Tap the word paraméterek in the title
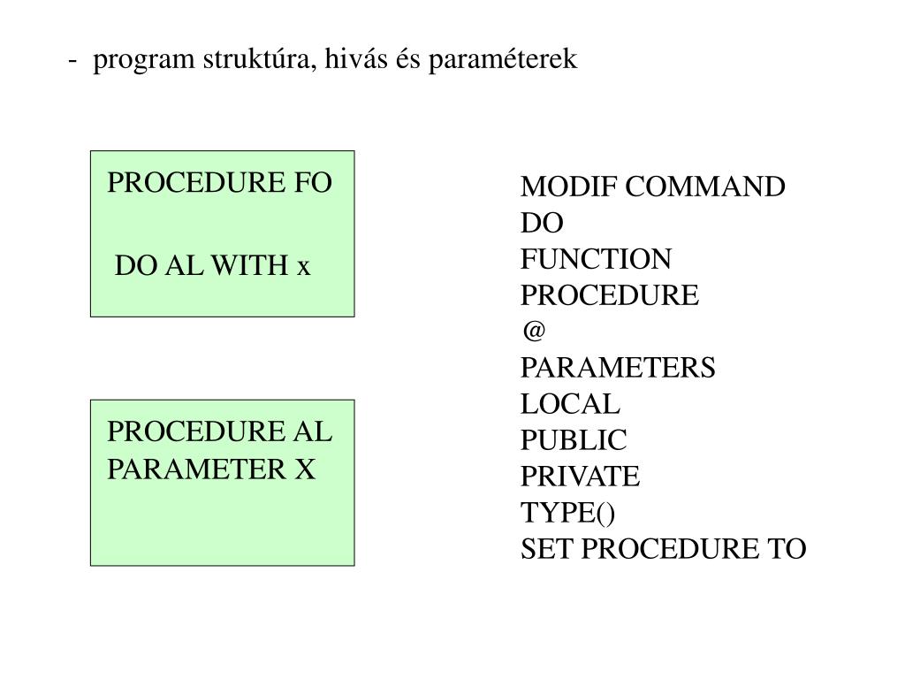tap(503, 60)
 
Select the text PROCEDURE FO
tap(220, 183)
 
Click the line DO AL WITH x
tap(213, 265)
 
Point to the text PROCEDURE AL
tap(220, 432)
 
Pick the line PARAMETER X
tap(211, 469)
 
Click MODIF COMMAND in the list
tap(652, 187)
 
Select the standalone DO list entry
tap(541, 224)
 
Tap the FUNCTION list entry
tap(596, 260)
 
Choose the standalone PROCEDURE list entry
tap(610, 295)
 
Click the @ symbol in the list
tap(533, 331)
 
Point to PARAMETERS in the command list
tap(619, 368)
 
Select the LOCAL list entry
tap(571, 405)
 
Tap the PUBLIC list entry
tap(574, 440)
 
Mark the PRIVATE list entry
tap(580, 477)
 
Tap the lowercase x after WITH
tap(304, 266)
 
